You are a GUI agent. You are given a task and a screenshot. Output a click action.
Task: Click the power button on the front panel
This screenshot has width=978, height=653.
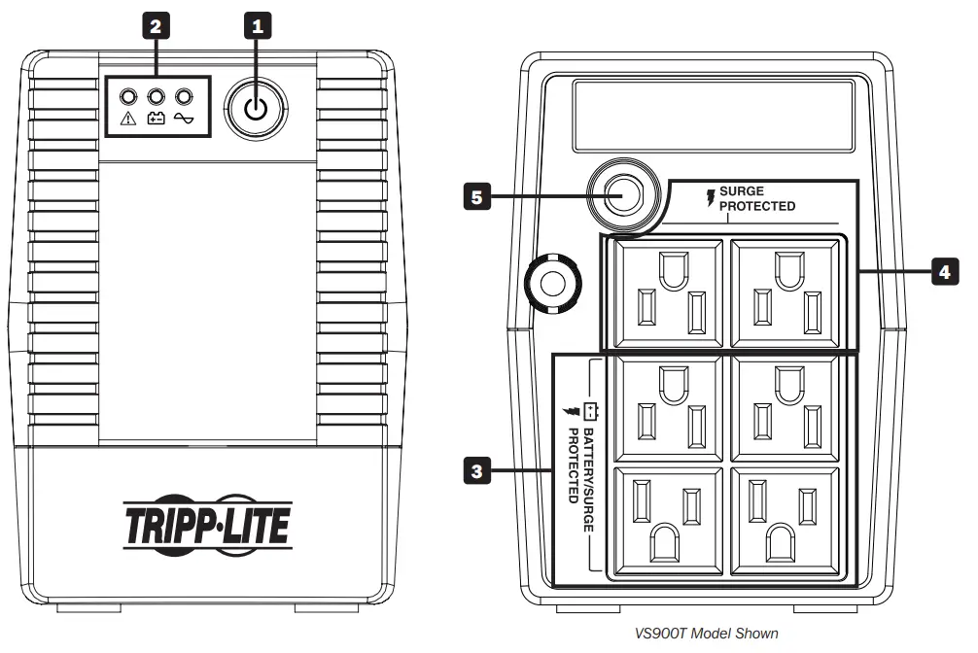tap(256, 108)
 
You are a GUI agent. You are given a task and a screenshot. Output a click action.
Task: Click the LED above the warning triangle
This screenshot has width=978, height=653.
tap(127, 96)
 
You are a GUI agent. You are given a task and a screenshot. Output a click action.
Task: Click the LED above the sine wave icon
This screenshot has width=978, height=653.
tap(180, 96)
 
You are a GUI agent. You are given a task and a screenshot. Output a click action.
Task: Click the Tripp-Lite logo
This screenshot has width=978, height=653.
tap(206, 525)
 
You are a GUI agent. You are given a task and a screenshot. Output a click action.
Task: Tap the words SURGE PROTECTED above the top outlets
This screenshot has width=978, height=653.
tap(755, 198)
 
